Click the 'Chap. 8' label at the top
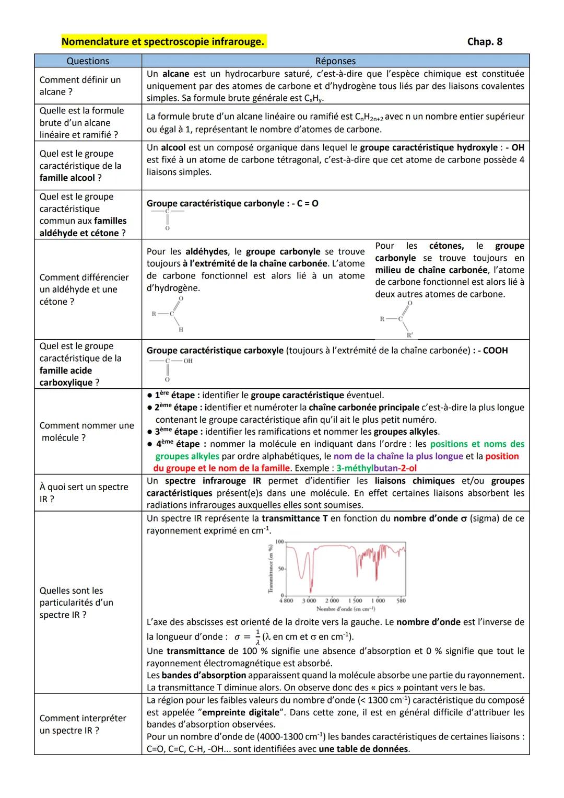pos(484,42)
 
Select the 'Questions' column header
pos(88,61)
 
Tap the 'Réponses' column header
pos(335,61)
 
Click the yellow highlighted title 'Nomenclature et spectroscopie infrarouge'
pos(163,42)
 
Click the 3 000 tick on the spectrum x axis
pos(309,601)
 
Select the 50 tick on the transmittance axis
pos(279,569)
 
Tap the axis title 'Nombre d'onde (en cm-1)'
pos(345,609)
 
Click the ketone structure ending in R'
pos(398,319)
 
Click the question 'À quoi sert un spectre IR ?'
pos(84,493)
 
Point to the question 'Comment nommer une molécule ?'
pos(87,432)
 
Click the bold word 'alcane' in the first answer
pos(175,74)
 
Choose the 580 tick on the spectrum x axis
pos(401,601)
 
